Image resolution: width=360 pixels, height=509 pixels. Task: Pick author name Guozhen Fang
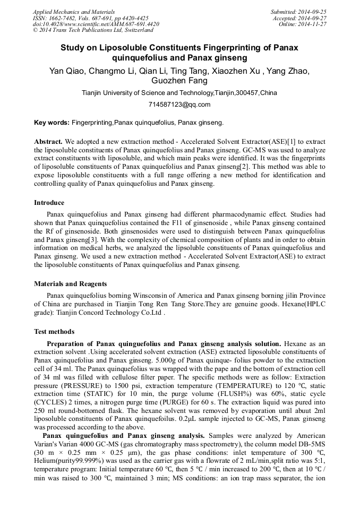(179, 81)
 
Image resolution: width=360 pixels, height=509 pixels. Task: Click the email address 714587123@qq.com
(179, 104)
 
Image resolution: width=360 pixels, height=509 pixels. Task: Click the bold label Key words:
(52, 123)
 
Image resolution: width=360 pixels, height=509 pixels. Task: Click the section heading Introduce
(49, 203)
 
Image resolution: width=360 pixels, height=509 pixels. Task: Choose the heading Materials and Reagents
(71, 284)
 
